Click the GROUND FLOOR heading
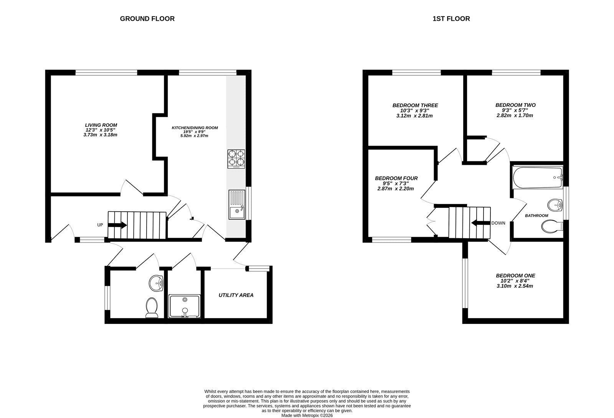click(x=147, y=19)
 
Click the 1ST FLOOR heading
click(x=451, y=19)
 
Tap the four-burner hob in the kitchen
click(x=236, y=159)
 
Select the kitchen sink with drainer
click(x=237, y=204)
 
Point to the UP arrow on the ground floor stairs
click(x=117, y=226)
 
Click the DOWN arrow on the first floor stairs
click(x=481, y=223)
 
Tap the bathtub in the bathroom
click(x=538, y=177)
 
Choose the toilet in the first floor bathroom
click(x=552, y=226)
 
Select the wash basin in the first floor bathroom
click(x=555, y=205)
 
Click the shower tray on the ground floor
click(x=185, y=306)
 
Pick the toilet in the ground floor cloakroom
click(x=152, y=308)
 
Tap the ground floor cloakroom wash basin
click(x=156, y=283)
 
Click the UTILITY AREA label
click(x=236, y=295)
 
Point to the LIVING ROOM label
click(x=101, y=125)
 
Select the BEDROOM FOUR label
click(x=396, y=178)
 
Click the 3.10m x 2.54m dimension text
click(x=515, y=286)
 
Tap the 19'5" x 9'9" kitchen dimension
click(x=194, y=132)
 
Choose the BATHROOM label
click(x=536, y=216)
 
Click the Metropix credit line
click(x=307, y=416)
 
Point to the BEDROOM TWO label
click(x=515, y=105)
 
